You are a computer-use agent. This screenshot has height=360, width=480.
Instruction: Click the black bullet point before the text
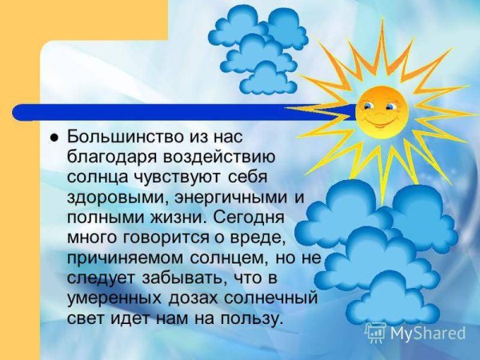54,137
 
